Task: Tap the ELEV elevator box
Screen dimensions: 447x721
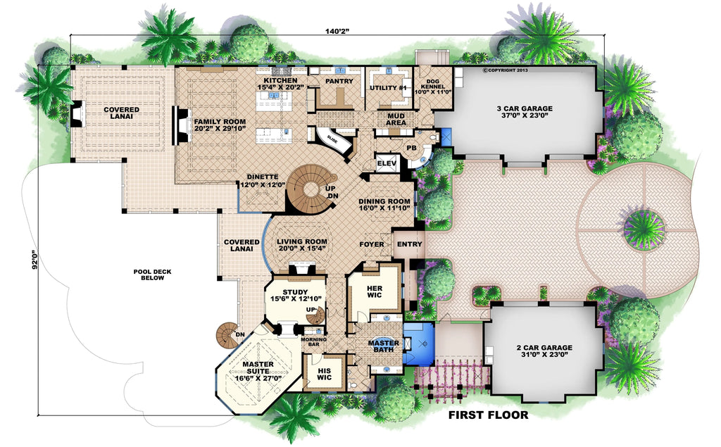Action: pyautogui.click(x=385, y=163)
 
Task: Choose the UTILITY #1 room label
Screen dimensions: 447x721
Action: pyautogui.click(x=387, y=88)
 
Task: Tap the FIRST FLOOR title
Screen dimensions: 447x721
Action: pyautogui.click(x=488, y=415)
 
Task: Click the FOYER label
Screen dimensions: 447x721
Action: pyautogui.click(x=372, y=244)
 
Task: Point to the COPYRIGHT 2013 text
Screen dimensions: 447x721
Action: pyautogui.click(x=506, y=70)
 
